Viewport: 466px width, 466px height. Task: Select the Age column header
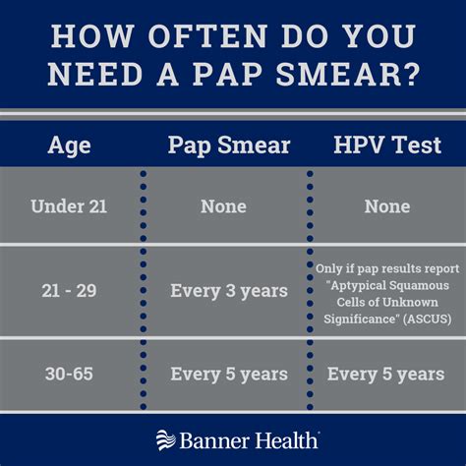(69, 146)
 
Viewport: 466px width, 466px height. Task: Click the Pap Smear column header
(228, 146)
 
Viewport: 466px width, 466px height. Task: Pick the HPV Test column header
(386, 146)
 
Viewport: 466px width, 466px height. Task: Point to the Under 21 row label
(69, 206)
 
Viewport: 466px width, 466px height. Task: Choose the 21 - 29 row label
(69, 291)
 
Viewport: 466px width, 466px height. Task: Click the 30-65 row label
(69, 374)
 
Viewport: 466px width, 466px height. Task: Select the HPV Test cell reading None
(386, 206)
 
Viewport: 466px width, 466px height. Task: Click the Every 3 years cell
(228, 291)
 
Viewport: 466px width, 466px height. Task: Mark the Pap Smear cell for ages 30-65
(228, 374)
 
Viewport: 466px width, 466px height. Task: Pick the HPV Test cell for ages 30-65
(386, 374)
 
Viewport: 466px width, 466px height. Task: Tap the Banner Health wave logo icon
(164, 438)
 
